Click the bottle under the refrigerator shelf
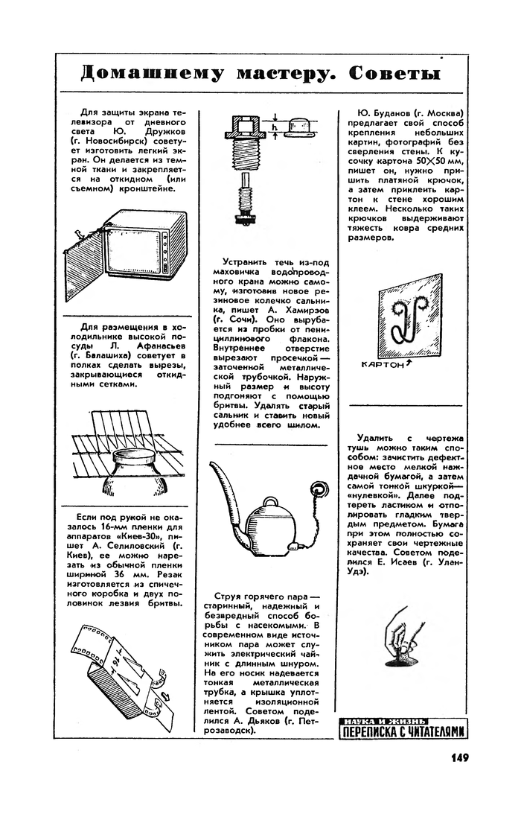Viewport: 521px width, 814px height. click(x=134, y=476)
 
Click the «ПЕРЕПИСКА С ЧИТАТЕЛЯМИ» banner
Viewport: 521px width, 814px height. click(x=404, y=733)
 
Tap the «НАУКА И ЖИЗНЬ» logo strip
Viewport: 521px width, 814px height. click(x=386, y=720)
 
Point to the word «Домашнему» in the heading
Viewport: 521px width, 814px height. click(x=153, y=74)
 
